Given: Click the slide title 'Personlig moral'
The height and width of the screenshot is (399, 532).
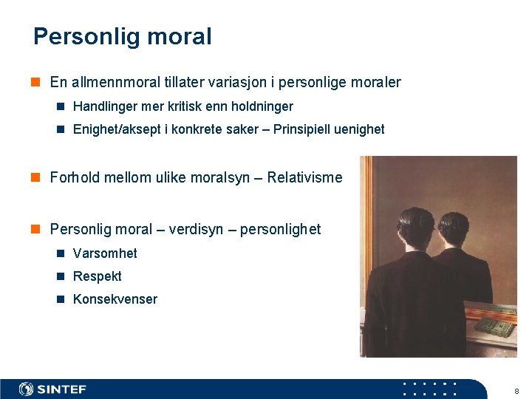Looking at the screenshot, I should click(122, 36).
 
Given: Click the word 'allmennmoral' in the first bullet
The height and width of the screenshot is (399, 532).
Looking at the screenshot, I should click(109, 82).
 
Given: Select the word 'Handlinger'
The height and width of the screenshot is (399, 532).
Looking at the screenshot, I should click(103, 106).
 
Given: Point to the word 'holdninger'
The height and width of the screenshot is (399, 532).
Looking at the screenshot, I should click(262, 106).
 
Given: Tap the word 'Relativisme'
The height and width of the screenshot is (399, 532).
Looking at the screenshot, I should click(304, 177).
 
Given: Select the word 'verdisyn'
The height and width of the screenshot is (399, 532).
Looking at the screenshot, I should click(195, 229).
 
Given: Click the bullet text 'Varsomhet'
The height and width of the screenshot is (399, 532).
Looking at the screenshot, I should click(105, 253).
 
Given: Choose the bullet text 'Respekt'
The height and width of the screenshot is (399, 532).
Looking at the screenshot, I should click(98, 276).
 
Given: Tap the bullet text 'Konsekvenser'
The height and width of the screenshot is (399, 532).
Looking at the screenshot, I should click(115, 299).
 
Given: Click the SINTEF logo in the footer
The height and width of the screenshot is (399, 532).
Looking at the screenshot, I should click(53, 389).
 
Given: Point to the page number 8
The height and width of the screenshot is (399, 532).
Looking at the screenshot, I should click(516, 390).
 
